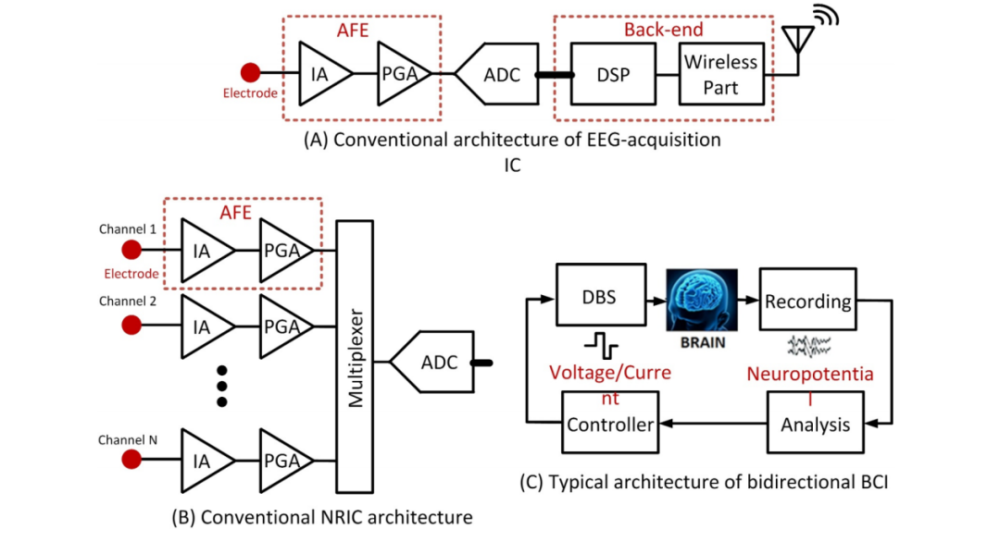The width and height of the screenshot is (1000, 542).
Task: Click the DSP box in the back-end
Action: point(613,74)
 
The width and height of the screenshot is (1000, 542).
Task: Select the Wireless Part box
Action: point(720,74)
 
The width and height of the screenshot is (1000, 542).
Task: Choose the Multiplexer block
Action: point(354,356)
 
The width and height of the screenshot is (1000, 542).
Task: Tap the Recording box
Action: point(807,302)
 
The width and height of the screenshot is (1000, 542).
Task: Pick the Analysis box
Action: point(815,425)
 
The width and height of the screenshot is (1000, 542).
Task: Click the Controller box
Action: point(610,425)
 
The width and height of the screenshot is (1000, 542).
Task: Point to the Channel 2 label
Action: point(128,302)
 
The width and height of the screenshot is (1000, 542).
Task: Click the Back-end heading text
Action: point(663,30)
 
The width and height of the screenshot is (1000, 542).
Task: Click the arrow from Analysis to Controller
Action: point(713,425)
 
